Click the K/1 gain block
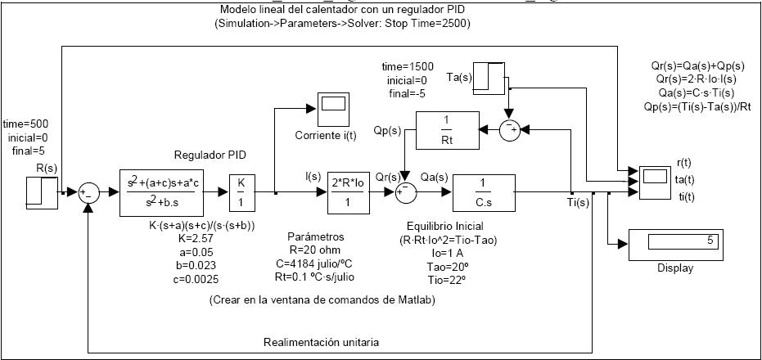click(241, 192)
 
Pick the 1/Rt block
click(445, 130)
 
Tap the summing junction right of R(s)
click(88, 192)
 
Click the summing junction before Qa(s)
click(404, 192)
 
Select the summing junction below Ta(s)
click(510, 129)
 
